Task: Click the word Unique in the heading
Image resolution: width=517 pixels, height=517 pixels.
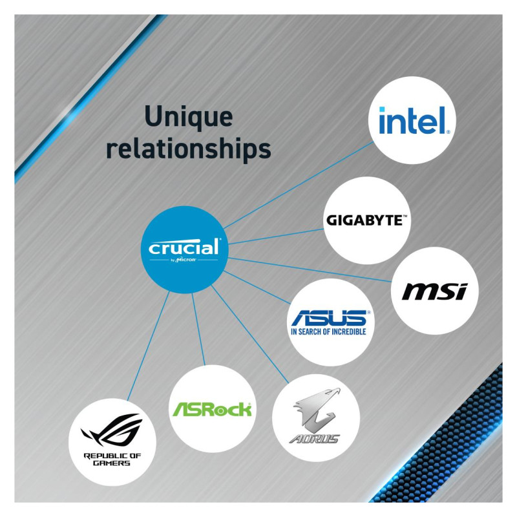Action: click(x=188, y=117)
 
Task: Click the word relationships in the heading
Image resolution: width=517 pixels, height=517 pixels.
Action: click(x=188, y=148)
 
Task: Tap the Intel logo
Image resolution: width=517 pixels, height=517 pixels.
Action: click(x=413, y=121)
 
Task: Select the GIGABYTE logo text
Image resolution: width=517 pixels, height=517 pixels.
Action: click(x=367, y=220)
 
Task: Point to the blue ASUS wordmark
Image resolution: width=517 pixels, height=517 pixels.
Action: click(x=330, y=317)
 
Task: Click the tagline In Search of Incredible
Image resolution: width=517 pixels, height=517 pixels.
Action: click(x=328, y=332)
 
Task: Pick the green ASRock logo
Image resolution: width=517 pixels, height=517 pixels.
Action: click(x=212, y=408)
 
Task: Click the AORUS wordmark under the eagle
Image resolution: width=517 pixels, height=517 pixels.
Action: click(x=314, y=439)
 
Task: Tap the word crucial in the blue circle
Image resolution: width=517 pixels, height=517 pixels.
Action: click(x=184, y=248)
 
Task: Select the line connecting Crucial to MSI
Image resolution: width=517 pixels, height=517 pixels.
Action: click(x=310, y=269)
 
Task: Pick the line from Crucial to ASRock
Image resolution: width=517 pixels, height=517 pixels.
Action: click(x=198, y=330)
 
